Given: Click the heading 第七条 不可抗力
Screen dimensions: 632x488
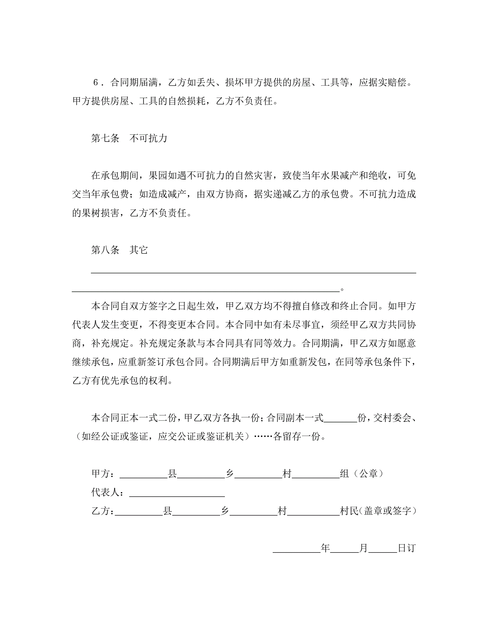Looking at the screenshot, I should (x=129, y=138).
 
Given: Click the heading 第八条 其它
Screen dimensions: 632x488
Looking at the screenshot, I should (x=119, y=250).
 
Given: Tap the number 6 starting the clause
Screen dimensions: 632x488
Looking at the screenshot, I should (x=96, y=83).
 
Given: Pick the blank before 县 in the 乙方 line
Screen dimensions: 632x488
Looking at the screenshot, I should (x=139, y=511).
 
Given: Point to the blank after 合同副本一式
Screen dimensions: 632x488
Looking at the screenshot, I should (x=340, y=418).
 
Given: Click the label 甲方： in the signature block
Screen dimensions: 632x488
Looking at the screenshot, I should (x=103, y=474).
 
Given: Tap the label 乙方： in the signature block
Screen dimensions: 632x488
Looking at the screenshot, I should (x=103, y=511).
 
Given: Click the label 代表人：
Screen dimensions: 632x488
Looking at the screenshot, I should (x=108, y=492).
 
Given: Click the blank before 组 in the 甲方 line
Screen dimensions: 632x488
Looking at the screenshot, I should (x=316, y=473).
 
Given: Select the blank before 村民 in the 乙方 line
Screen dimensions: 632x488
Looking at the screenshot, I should (x=313, y=511).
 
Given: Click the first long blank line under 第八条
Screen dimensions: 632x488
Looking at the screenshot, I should (x=253, y=272).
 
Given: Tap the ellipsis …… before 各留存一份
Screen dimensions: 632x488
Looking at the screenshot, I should (x=263, y=436).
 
